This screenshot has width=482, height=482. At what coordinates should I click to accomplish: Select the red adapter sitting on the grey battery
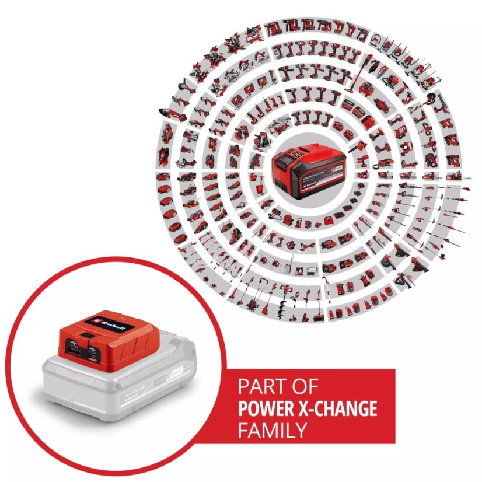coord(99,336)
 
